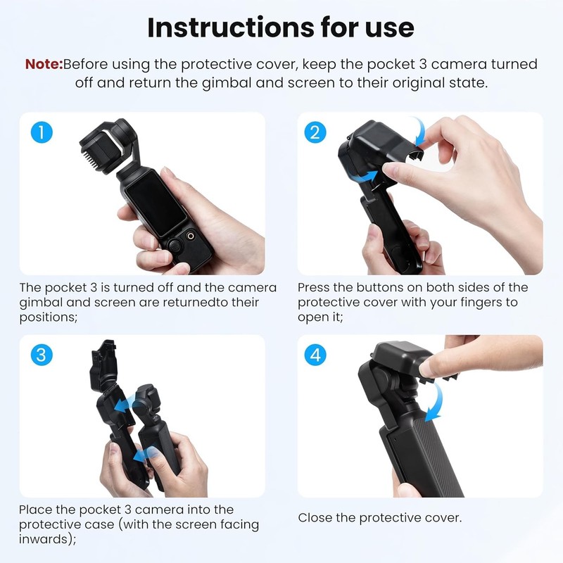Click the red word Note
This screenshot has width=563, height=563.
tap(44, 64)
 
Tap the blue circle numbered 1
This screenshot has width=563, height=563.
tap(42, 132)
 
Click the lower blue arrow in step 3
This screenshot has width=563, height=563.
tap(144, 455)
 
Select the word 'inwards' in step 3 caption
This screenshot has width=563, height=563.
tap(46, 539)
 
